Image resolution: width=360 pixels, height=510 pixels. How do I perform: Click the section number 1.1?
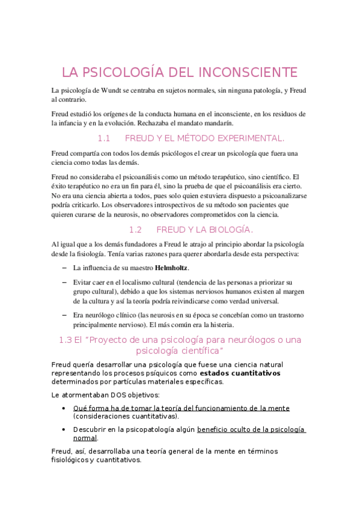pos(105,138)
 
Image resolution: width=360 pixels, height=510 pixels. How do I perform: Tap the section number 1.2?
pos(135,230)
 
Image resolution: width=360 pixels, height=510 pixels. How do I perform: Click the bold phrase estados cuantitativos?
pos(240,373)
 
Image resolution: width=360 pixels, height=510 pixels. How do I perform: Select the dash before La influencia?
pos(64,268)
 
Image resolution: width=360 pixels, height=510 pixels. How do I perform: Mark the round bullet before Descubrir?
pos(64,429)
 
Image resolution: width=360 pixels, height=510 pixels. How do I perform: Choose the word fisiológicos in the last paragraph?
pos(73,460)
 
